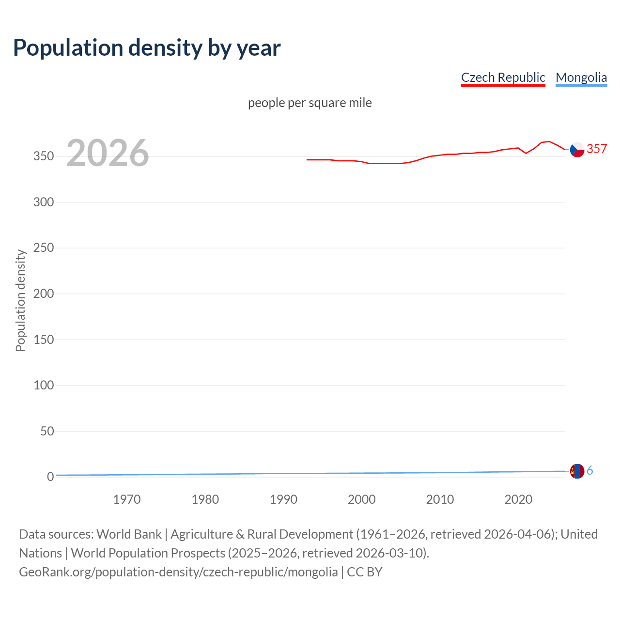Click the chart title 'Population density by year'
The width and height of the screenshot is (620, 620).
(147, 47)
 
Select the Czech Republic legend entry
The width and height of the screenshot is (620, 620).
(503, 77)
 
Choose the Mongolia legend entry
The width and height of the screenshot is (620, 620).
(581, 77)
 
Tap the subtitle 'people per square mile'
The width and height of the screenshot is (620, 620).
(310, 103)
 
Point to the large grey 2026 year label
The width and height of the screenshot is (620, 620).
(108, 153)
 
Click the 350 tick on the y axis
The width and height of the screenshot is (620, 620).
(44, 156)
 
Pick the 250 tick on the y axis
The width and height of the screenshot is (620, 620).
(44, 248)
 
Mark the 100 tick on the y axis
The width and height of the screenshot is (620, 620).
(44, 386)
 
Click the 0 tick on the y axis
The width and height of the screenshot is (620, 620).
(50, 477)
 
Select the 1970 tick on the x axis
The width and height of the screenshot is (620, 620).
(127, 499)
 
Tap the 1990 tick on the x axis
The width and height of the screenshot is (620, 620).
(283, 499)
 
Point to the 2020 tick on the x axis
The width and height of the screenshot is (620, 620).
(518, 499)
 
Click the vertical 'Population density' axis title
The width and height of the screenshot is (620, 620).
(20, 300)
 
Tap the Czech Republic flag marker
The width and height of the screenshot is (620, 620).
(577, 150)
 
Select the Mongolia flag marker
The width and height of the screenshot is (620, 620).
(577, 471)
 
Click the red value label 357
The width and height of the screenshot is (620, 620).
(597, 149)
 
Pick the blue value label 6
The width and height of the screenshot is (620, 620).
(590, 471)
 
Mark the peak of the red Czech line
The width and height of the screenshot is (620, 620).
(548, 141)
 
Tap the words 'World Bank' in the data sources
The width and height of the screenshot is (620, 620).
(129, 534)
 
